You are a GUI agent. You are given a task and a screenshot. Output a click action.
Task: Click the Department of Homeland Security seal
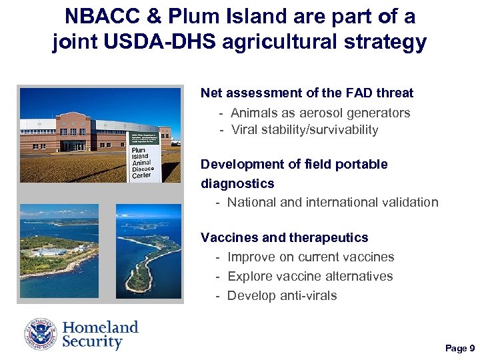[x=41, y=334]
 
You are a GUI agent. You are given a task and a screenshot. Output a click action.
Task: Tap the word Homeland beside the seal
[x=101, y=327]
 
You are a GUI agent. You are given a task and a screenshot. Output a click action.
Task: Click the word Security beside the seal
[x=93, y=343]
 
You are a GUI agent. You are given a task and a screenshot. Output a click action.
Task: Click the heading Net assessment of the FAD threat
[x=307, y=93]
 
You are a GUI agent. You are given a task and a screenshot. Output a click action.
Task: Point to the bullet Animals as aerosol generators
[x=320, y=113]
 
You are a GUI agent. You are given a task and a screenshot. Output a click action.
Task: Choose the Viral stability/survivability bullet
[x=305, y=130]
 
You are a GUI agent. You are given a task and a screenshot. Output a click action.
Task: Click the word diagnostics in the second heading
[x=237, y=183]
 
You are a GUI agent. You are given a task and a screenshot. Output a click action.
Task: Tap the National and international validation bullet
[x=333, y=202]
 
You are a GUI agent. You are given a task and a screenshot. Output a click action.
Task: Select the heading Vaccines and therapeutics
[x=284, y=237]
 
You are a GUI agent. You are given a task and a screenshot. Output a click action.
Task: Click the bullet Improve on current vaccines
[x=311, y=257]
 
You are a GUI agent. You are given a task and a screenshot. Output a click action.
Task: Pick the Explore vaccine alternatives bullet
[x=310, y=276]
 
